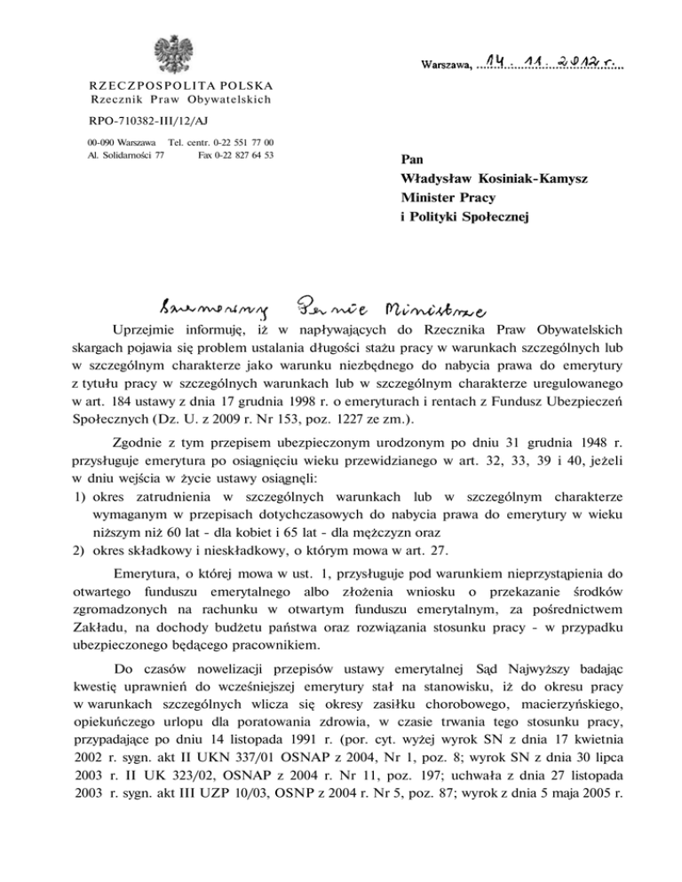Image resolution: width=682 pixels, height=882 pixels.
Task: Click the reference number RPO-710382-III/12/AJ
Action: (x=144, y=119)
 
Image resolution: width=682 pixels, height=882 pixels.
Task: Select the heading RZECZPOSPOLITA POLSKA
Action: (x=169, y=86)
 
